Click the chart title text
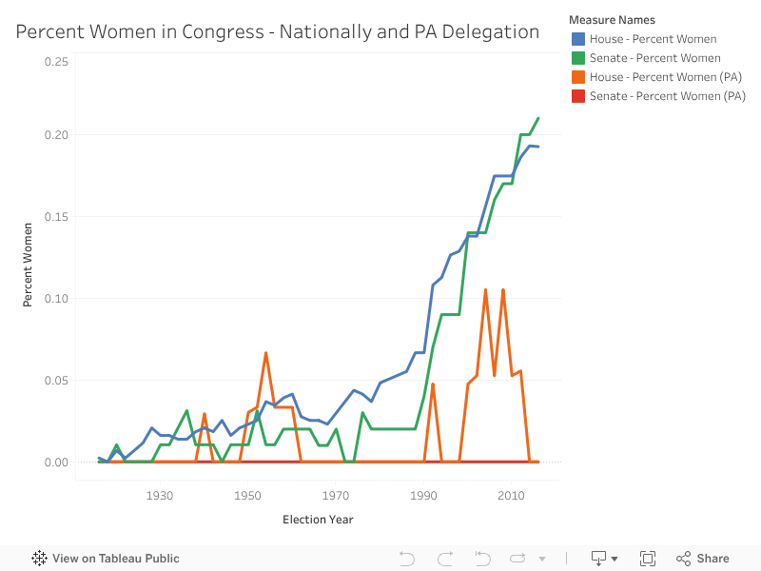[278, 32]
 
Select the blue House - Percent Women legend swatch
[577, 39]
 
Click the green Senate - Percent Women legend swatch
[577, 58]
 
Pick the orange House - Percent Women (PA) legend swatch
[577, 77]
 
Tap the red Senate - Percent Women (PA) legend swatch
[577, 96]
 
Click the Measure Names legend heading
[612, 19]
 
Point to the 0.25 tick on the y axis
[56, 62]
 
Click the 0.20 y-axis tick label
[56, 134]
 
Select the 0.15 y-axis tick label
[56, 216]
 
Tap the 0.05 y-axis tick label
[56, 381]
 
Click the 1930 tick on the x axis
[160, 496]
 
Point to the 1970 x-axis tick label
[336, 496]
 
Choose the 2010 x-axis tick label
[512, 496]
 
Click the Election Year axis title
[318, 520]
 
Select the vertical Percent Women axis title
[29, 265]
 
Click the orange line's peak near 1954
[265, 353]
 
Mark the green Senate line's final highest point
[538, 118]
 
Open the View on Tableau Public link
[106, 559]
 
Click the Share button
[703, 559]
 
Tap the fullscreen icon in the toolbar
[648, 559]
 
